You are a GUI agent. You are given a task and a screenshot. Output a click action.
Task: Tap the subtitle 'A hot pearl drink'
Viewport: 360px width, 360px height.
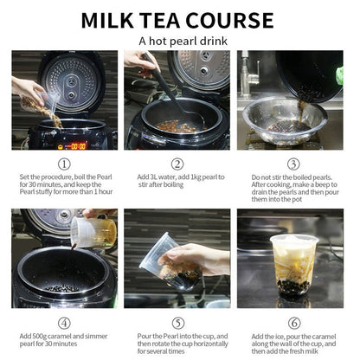click(179, 40)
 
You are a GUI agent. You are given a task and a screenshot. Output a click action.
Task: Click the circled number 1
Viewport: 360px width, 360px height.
click(64, 164)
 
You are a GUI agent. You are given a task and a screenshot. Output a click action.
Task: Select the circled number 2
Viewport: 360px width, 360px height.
click(177, 164)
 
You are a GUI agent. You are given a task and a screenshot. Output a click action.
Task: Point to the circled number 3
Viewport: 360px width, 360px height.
click(292, 164)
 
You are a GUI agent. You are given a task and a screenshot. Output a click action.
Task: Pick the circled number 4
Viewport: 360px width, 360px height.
click(64, 322)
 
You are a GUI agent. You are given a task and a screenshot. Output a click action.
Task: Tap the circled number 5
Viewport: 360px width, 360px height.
click(177, 322)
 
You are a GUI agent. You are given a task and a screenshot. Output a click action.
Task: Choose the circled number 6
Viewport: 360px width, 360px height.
click(292, 322)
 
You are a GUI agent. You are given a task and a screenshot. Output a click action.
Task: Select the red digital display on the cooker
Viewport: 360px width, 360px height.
click(78, 145)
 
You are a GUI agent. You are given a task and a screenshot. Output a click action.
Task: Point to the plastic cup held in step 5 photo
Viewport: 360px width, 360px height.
click(159, 257)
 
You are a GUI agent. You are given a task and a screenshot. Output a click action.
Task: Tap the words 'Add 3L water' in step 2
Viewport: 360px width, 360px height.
click(156, 176)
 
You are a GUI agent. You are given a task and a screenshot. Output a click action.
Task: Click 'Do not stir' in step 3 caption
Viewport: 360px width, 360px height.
click(270, 176)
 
